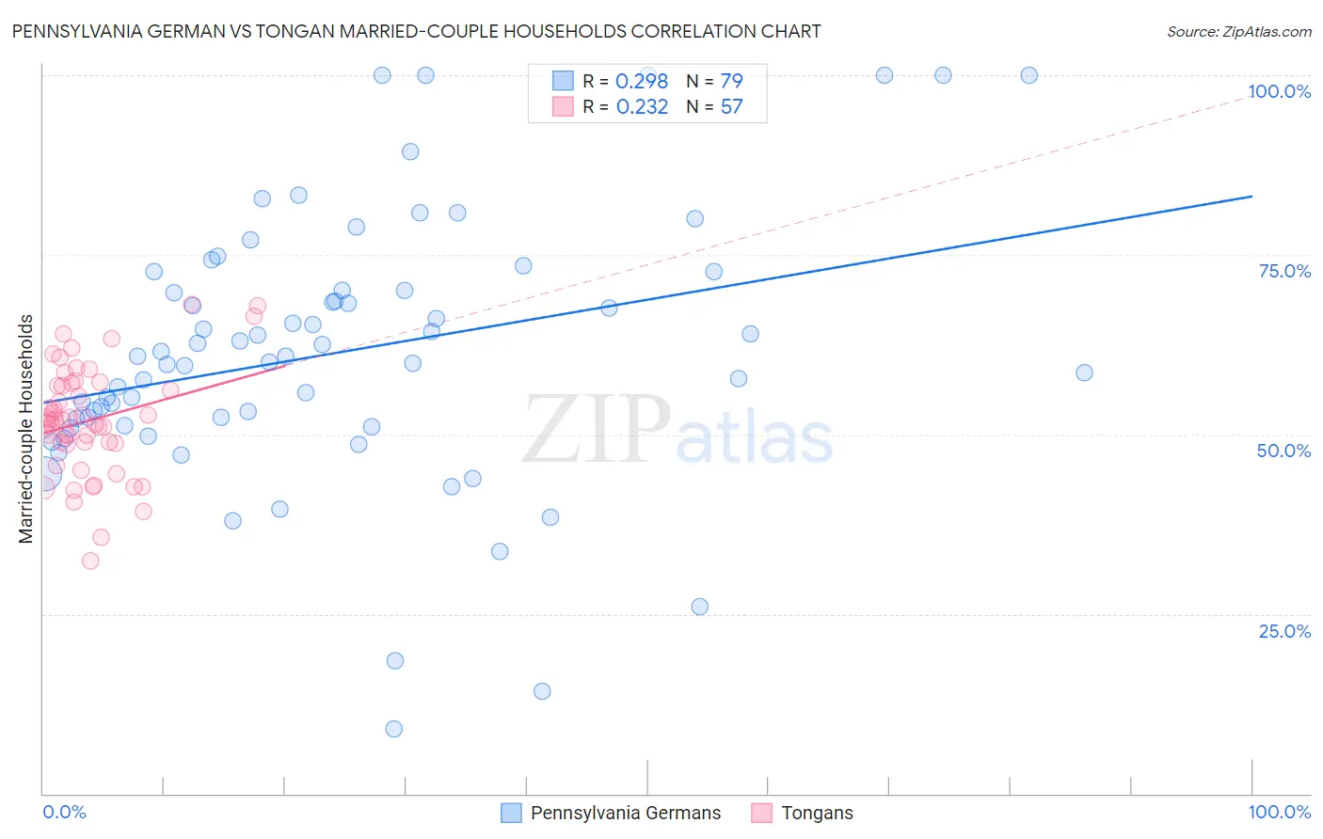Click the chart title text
coord(416,31)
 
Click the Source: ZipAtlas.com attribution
coord(1238,31)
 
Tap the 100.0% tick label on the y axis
coord(1279,91)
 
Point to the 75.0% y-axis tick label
coord(1284,271)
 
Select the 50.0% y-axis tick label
coord(1283,451)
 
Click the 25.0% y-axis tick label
coord(1284,631)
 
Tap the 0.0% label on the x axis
coord(64,812)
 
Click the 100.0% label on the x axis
coord(1279,812)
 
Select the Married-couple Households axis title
coord(26,429)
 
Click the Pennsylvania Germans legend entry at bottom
coord(625,813)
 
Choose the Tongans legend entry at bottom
coord(816,813)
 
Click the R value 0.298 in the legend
coord(641,81)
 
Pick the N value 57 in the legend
coord(731,107)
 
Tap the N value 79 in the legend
coord(731,81)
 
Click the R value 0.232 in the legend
coord(642,107)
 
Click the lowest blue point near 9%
coord(394,729)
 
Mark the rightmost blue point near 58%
coord(1084,372)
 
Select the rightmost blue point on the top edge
coord(1029,75)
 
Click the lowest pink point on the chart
coord(90,561)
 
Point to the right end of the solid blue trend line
coord(1251,196)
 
